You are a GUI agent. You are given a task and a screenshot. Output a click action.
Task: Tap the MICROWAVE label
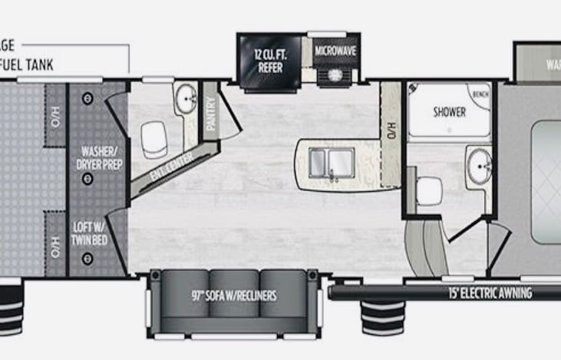click(x=334, y=51)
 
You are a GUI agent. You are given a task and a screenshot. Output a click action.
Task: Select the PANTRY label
click(x=210, y=115)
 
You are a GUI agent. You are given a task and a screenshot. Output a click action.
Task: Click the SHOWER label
click(x=449, y=112)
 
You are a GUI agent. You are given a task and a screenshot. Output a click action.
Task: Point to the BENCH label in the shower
click(x=481, y=94)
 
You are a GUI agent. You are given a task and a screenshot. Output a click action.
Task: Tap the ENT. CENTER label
click(x=172, y=165)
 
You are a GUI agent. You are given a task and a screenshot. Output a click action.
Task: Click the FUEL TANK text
click(x=28, y=66)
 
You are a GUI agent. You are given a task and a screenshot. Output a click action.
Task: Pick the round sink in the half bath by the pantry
click(x=185, y=97)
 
